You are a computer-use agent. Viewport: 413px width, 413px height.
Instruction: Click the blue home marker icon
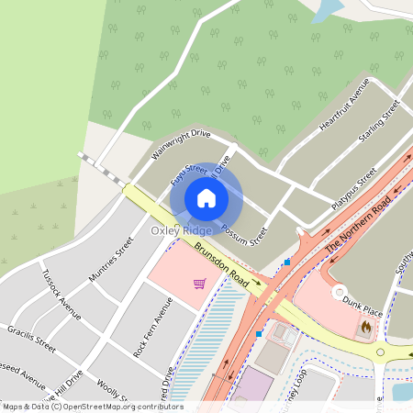(x=206, y=197)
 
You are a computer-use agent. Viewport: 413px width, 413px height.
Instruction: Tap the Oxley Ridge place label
(x=182, y=231)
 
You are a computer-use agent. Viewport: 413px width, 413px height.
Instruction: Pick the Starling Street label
(x=380, y=123)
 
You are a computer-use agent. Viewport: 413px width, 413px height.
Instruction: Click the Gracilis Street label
(x=32, y=338)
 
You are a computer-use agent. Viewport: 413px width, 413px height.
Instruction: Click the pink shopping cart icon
(x=199, y=284)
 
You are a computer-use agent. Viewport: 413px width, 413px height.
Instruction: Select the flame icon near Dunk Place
(x=366, y=326)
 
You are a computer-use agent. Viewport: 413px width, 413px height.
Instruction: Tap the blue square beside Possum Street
(x=287, y=262)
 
